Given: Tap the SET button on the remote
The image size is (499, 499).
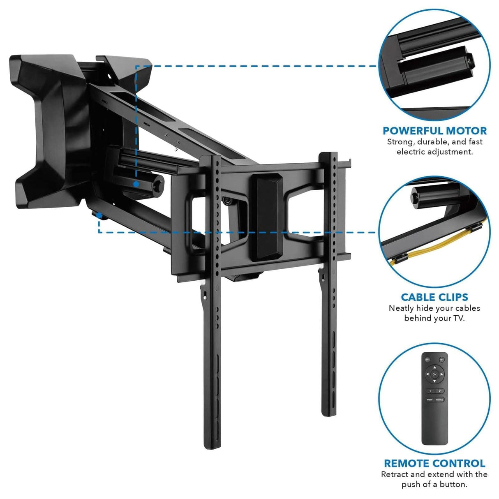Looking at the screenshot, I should [442, 359].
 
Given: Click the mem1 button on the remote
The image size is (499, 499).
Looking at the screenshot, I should [430, 400].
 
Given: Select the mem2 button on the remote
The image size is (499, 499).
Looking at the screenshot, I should [439, 400].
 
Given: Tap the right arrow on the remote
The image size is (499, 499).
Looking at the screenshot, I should [442, 374].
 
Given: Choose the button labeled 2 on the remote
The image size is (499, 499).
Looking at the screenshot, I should [439, 391].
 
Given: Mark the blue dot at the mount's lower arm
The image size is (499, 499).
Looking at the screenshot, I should [99, 215].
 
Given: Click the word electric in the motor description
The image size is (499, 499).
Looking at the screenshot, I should [412, 152].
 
